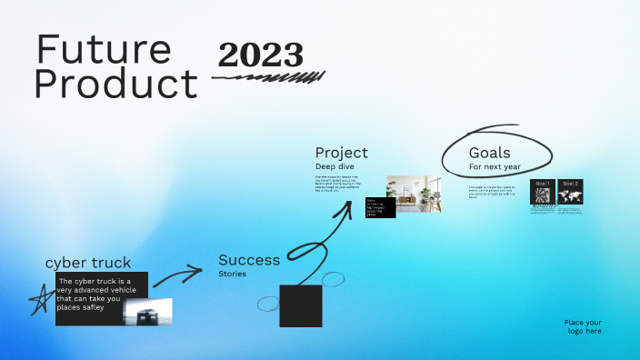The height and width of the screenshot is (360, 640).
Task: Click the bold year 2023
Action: coord(260,55)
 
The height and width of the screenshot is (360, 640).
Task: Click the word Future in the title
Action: coord(104,51)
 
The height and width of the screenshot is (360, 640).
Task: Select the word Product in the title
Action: coord(115,85)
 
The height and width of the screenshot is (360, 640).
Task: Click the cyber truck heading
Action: coord(88,263)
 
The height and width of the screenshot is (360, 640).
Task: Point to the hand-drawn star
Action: coord(39,299)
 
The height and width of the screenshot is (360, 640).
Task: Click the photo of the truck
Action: coord(147,311)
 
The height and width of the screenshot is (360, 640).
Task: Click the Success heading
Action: coord(249,260)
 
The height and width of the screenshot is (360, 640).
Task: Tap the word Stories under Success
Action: coord(232,273)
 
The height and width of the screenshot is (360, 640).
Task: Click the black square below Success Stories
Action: coord(301,306)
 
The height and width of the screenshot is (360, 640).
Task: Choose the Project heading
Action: coord(342,153)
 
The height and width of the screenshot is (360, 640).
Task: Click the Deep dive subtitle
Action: coord(336,166)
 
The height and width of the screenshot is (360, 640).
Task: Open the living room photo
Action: coord(415,195)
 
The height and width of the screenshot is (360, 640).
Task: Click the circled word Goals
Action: coord(490,153)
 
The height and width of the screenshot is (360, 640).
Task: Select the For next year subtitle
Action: coord(495,167)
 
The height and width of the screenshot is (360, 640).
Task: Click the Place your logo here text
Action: coord(583,326)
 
